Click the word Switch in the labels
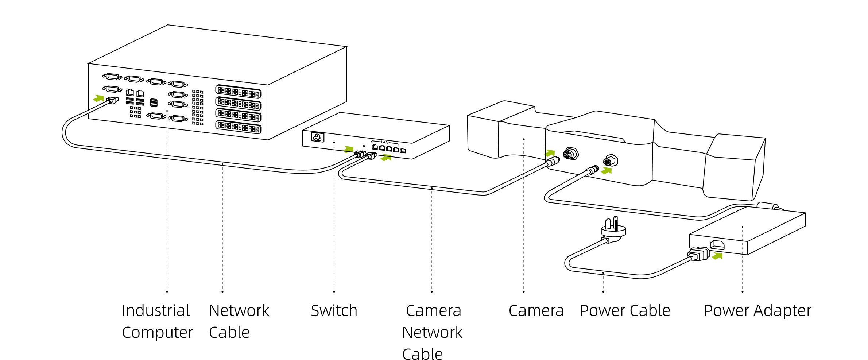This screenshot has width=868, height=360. [334, 311]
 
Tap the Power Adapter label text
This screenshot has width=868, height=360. [757, 311]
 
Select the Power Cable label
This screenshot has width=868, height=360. [625, 311]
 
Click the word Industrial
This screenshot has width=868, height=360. [156, 311]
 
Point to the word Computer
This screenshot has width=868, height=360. [157, 333]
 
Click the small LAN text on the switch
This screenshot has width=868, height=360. [384, 142]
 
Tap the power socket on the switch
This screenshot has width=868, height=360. [317, 137]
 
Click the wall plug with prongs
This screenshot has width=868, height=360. [613, 229]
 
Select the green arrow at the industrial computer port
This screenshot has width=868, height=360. [98, 98]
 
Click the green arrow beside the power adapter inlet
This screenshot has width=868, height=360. [717, 256]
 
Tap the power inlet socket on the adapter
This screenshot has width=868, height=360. [717, 245]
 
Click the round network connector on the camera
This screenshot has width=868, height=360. [570, 154]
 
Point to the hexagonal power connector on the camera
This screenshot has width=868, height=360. [611, 160]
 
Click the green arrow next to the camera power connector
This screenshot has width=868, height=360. [606, 170]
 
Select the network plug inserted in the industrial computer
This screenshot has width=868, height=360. [112, 100]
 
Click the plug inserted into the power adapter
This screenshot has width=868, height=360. [698, 254]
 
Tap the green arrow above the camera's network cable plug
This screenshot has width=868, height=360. [550, 153]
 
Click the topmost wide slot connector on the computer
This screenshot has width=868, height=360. [239, 92]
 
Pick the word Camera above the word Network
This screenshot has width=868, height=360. [433, 311]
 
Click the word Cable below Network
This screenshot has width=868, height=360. [229, 333]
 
